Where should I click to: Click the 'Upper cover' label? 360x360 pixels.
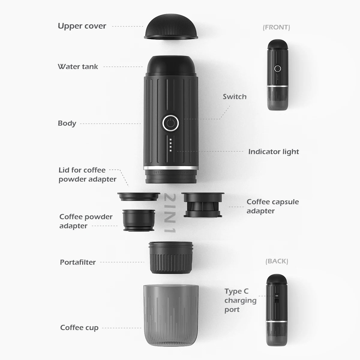[x=82, y=26]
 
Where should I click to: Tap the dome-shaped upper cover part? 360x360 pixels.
[x=171, y=28]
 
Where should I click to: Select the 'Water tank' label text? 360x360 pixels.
[x=78, y=67]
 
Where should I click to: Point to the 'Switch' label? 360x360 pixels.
[x=234, y=97]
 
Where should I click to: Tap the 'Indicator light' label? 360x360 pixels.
[x=273, y=152]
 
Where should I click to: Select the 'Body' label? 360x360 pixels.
[x=67, y=123]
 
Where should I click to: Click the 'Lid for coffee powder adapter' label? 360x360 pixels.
[x=87, y=175]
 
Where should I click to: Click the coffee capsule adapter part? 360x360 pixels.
[x=203, y=205]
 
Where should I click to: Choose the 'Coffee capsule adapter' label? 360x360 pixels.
[x=272, y=206]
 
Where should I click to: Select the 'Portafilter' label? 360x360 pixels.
[x=78, y=262]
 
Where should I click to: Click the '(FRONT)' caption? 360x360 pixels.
[x=276, y=27]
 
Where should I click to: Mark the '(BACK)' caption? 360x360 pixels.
[x=277, y=261]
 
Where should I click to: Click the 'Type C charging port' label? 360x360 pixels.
[x=240, y=300]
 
